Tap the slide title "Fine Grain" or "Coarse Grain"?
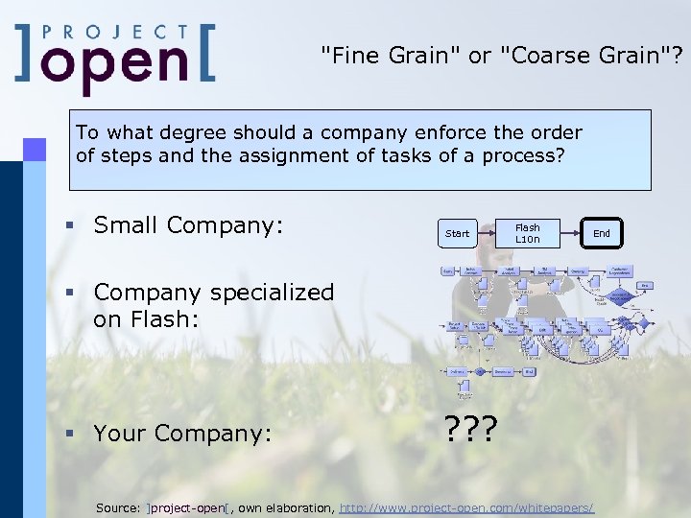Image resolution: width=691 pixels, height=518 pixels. click(x=503, y=56)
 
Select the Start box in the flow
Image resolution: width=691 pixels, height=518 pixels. click(x=458, y=233)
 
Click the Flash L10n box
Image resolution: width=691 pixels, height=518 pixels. click(x=528, y=233)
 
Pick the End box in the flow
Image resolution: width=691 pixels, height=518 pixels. click(x=602, y=233)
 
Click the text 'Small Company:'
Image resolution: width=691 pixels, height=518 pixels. click(x=188, y=225)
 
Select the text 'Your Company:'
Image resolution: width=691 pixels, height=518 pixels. click(x=183, y=434)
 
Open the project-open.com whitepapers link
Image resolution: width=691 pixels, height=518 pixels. click(x=466, y=506)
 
